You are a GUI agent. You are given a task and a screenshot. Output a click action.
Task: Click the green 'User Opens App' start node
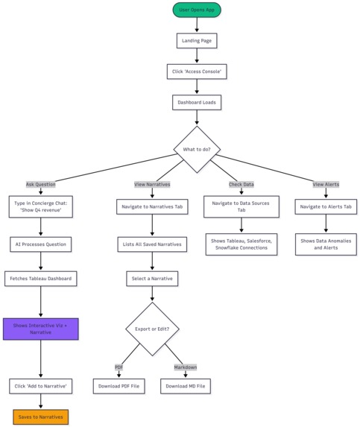(197, 10)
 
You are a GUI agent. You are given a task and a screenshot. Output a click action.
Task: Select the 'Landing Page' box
(197, 40)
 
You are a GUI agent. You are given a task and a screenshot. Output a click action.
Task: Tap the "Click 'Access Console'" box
(197, 71)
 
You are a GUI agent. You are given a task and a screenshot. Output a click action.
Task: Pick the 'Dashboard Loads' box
(197, 101)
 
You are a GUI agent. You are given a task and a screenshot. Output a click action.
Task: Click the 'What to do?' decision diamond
(197, 149)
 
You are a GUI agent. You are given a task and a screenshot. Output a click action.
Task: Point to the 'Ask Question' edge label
(41, 184)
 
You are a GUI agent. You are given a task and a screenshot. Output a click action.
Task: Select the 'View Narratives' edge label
(152, 184)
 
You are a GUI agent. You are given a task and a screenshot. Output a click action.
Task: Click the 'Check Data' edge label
(241, 184)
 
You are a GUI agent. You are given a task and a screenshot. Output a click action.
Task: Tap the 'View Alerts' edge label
(326, 184)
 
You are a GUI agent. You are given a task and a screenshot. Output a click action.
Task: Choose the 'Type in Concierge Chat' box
(41, 206)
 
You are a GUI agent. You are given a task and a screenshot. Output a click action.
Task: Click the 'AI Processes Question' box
(41, 244)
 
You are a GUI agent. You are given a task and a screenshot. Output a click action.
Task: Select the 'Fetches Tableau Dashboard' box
(41, 279)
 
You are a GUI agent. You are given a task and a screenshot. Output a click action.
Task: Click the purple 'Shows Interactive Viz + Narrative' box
(41, 328)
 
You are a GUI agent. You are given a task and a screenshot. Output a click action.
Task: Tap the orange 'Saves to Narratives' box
(41, 416)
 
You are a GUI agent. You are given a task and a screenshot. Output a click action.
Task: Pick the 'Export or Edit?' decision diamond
(152, 329)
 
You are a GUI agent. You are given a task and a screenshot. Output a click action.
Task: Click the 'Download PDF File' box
(119, 386)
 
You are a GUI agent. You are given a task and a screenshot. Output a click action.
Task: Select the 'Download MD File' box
(186, 386)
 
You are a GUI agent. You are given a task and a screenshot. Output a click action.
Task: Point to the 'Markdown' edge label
(186, 367)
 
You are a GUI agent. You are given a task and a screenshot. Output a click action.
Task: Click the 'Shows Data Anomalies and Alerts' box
(326, 244)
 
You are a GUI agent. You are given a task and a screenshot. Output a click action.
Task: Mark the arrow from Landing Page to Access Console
(197, 56)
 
